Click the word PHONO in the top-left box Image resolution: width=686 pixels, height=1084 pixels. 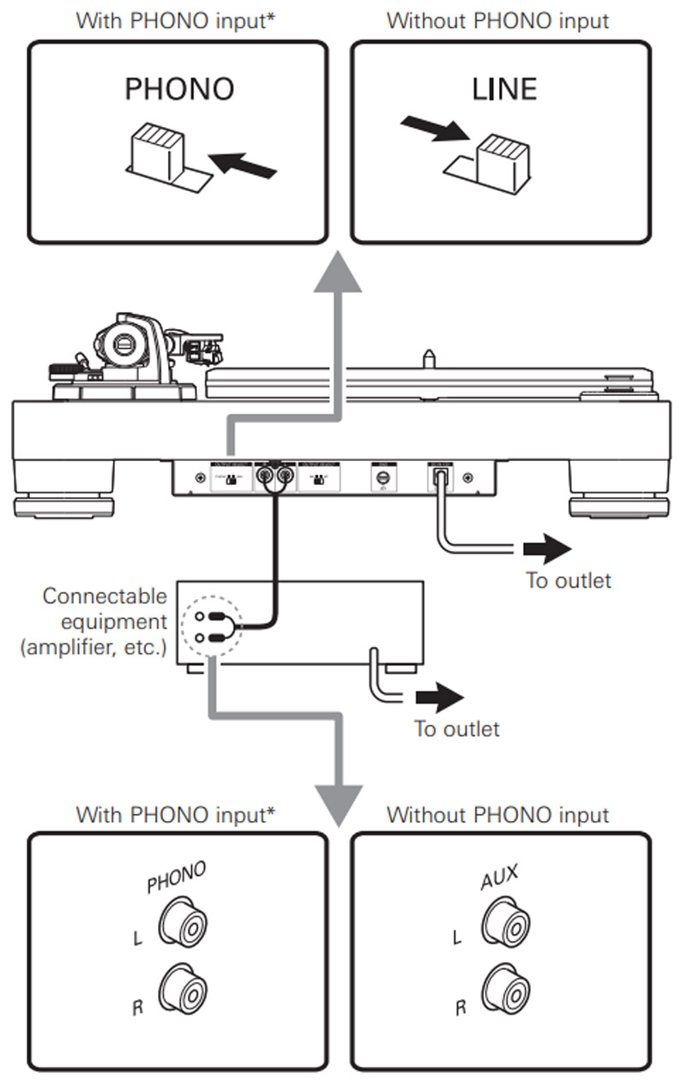(178, 89)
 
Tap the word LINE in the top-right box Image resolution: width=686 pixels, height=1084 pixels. (504, 89)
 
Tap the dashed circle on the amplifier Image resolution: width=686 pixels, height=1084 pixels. (213, 628)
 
